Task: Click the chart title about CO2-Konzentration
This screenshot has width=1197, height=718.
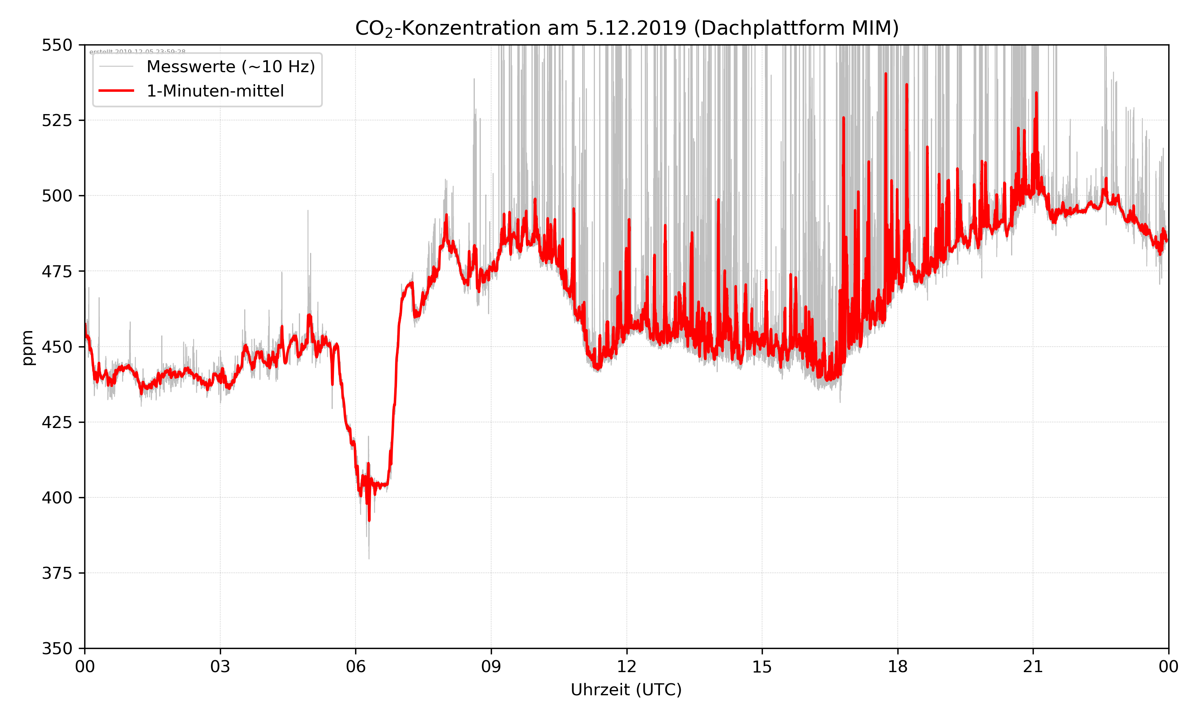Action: [x=626, y=28]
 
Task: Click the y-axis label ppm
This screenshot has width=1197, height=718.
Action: [x=28, y=347]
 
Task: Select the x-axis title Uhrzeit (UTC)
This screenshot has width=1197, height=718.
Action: [x=626, y=689]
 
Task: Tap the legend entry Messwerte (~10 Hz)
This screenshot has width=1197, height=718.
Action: [x=230, y=67]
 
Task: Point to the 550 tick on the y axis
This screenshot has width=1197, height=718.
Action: [x=57, y=45]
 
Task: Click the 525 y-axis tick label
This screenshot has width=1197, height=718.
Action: [x=57, y=120]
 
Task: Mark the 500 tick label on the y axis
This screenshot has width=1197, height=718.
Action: [x=57, y=196]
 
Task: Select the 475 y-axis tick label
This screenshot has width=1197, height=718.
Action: [x=57, y=271]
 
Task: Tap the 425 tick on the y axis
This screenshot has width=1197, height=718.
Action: [x=57, y=422]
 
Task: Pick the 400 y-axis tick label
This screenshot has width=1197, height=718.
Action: [x=57, y=498]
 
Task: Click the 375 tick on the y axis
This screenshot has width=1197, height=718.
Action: [x=57, y=573]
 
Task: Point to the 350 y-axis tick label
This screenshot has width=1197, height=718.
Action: [x=57, y=649]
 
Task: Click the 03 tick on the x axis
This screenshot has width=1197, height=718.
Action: [x=220, y=667]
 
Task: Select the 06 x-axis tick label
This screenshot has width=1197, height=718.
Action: [x=356, y=667]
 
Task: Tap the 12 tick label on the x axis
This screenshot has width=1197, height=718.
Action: [x=626, y=667]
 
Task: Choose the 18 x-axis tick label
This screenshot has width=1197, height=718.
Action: [x=897, y=667]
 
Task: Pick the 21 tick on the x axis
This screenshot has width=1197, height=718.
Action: [x=1033, y=667]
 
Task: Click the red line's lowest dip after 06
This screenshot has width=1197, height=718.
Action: [x=369, y=520]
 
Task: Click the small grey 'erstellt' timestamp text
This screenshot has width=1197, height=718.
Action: [x=137, y=51]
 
